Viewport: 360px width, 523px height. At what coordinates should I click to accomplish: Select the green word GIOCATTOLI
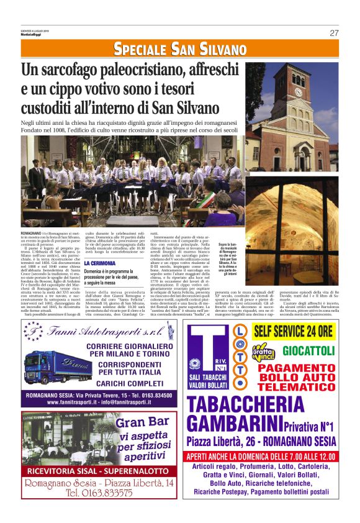tap(309, 350)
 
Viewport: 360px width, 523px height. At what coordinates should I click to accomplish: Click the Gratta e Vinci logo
tap(264, 352)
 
